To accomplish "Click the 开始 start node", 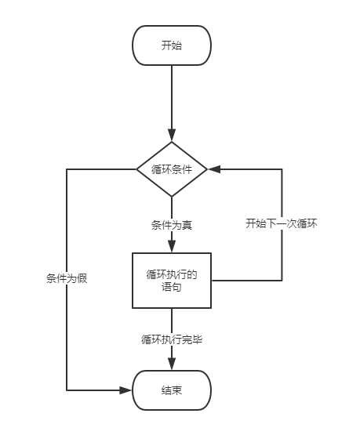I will point(172,45).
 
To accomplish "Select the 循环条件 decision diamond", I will point(172,169).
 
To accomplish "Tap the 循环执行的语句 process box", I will point(172,281).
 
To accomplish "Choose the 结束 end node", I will point(172,390).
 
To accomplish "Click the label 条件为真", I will point(172,225).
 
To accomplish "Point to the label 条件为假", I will point(67,278).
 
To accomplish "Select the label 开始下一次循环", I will point(281,223).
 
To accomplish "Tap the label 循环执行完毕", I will point(172,339).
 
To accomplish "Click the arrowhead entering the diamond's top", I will point(172,136).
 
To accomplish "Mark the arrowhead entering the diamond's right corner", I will point(213,169).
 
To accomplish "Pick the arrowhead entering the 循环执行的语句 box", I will point(172,248).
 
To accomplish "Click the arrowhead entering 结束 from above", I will point(172,365).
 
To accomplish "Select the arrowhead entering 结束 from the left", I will point(127,390).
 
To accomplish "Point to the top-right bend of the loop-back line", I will point(282,169).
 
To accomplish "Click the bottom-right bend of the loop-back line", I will point(282,280).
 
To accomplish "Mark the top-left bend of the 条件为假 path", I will point(67,169).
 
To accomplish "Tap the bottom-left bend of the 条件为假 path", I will point(67,390).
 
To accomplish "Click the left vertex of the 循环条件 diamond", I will point(137,169).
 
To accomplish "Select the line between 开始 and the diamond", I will point(172,98).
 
